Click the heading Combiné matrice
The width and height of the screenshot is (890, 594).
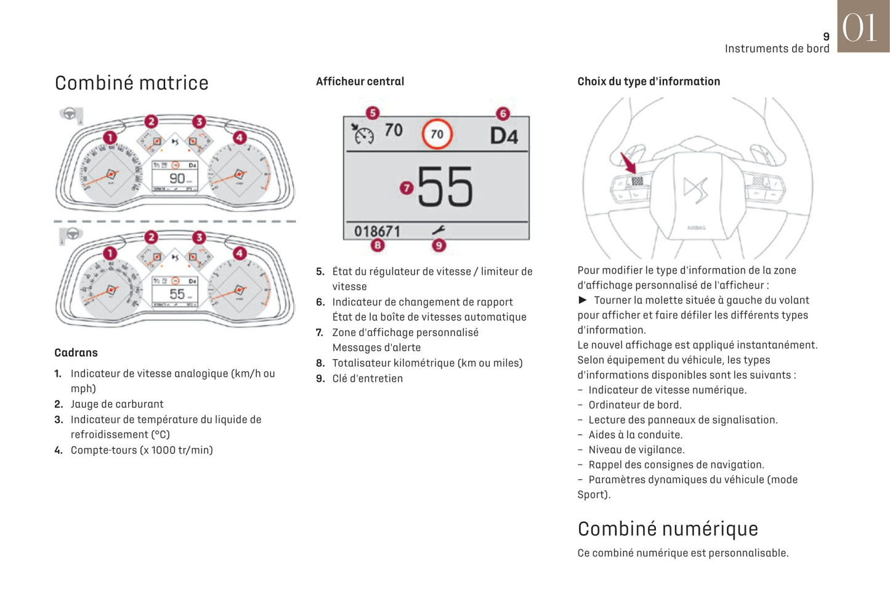point(131,83)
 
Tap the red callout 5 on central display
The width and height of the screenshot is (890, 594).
point(372,113)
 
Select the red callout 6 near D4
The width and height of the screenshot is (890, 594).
point(503,113)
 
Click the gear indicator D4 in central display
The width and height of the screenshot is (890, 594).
point(503,136)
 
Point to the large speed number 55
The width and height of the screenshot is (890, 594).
point(445,187)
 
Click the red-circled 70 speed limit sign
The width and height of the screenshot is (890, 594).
point(437,134)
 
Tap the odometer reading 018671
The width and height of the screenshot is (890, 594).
point(377,231)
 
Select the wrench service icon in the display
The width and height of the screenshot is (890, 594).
point(439,230)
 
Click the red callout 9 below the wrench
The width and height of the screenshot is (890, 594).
point(439,245)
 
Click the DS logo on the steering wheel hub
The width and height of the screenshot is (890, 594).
point(696,189)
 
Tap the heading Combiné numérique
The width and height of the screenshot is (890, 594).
point(668,529)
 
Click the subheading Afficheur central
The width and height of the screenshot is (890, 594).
point(360,81)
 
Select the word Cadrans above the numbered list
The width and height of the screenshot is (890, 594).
point(76,352)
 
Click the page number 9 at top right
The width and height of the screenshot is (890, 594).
point(826,37)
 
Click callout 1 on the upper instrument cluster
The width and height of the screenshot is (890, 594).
point(110,137)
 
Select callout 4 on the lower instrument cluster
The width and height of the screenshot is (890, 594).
point(239,253)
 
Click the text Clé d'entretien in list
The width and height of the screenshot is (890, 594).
point(367,378)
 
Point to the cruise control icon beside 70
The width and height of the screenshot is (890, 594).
point(363,133)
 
